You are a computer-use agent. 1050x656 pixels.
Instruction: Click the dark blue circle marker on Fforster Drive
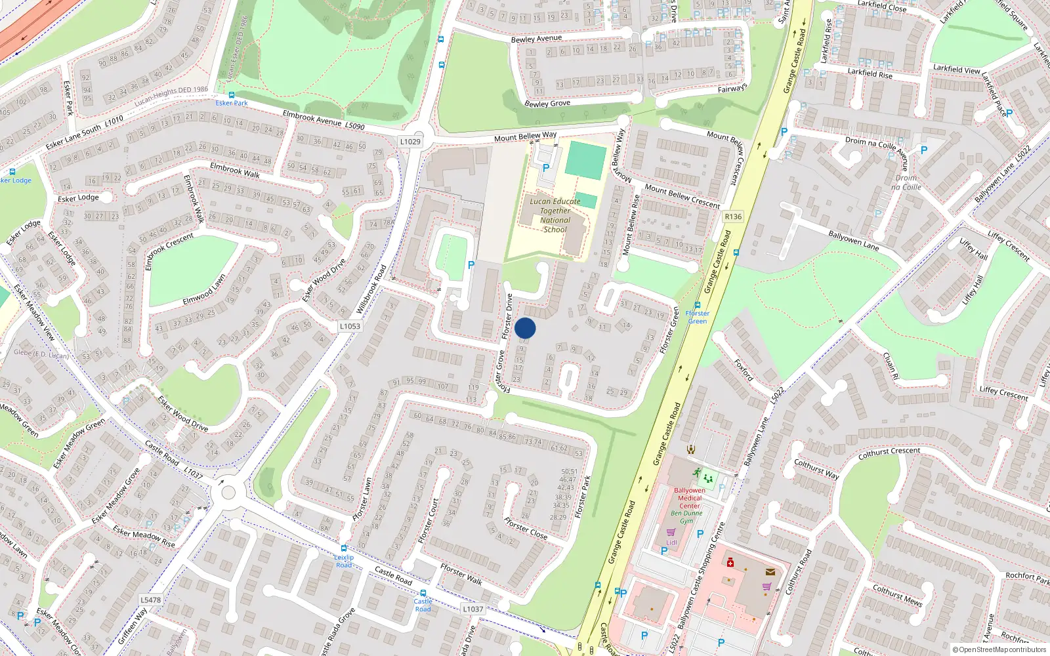(525, 328)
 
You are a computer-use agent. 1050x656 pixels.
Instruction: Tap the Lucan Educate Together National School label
(555, 215)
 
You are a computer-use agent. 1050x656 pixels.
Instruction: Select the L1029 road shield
(410, 142)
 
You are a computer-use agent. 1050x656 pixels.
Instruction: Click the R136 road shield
(733, 216)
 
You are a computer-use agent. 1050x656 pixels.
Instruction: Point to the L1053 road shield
(350, 326)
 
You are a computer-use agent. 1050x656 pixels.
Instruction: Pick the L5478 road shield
(150, 600)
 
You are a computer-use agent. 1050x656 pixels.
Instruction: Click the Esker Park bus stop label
(232, 103)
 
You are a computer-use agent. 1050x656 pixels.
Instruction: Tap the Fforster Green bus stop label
(697, 317)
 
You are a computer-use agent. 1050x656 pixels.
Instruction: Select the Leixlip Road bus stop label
(344, 561)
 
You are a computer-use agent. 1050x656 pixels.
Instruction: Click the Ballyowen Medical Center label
(689, 498)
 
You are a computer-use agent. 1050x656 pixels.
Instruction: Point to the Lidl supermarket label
(671, 543)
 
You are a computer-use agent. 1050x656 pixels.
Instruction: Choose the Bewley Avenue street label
(536, 39)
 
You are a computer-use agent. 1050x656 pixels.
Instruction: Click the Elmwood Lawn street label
(204, 289)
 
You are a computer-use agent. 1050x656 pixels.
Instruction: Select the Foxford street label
(744, 369)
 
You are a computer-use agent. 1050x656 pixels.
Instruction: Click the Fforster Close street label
(526, 527)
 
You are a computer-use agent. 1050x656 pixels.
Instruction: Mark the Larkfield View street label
(956, 69)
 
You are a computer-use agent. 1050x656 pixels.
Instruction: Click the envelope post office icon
(770, 572)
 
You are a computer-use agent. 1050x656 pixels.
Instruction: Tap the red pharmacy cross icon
(730, 562)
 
